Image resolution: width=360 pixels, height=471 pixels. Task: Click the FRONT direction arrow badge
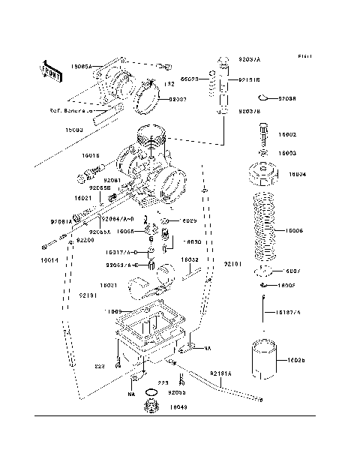[x=52, y=70]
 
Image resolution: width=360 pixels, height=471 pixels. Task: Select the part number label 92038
[x=287, y=98]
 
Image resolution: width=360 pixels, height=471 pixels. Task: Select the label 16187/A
[x=287, y=311]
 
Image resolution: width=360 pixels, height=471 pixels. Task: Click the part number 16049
[x=178, y=408]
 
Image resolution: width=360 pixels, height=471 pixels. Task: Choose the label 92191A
[x=220, y=373]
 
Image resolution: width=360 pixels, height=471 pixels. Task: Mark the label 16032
[x=189, y=260]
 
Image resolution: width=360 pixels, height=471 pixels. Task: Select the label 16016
[x=91, y=155]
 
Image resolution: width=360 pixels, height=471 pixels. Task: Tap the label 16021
[x=82, y=198]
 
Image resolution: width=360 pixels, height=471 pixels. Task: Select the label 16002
[x=287, y=135]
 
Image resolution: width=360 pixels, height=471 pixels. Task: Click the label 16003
[x=287, y=152]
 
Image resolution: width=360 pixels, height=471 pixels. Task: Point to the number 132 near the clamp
[x=169, y=85]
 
